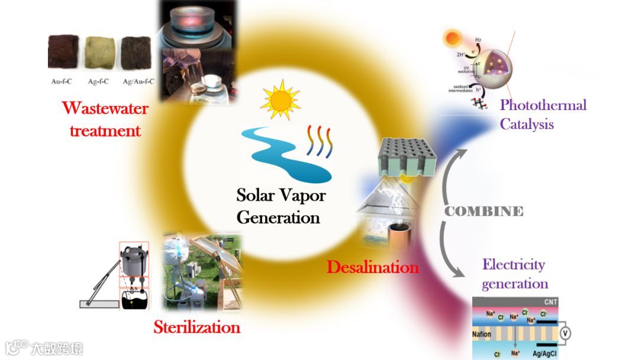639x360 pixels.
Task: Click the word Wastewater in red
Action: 105,109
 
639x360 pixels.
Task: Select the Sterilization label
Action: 196,327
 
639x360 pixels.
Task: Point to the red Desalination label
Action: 373,267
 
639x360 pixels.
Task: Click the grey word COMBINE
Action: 484,211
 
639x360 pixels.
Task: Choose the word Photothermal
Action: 543,105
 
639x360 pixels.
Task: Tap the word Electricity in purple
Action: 514,264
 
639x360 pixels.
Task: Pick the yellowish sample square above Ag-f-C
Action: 98,53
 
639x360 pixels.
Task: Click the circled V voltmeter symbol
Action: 565,333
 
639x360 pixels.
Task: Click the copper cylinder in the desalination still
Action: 398,236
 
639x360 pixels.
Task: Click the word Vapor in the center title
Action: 302,194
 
